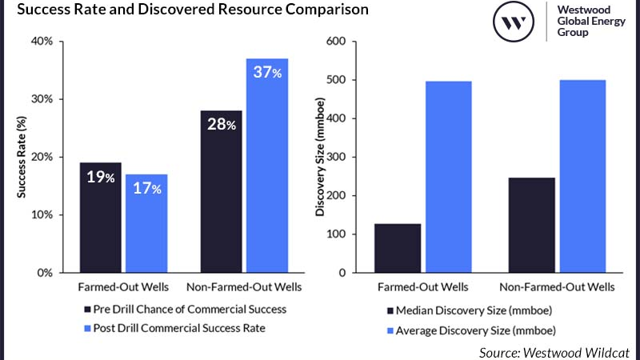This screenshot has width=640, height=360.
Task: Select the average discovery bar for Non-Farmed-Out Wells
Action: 582,176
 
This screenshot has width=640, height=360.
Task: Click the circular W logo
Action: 514,22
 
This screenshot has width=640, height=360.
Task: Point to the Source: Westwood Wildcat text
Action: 554,351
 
